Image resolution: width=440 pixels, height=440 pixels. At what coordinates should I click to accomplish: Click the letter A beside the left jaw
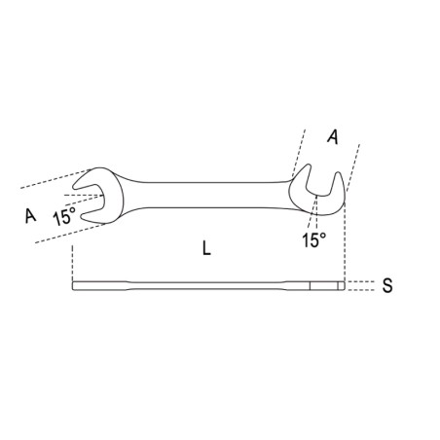(30, 216)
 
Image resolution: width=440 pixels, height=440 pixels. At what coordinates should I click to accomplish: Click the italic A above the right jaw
(333, 136)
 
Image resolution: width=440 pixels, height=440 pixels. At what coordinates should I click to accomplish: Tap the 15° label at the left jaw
(64, 216)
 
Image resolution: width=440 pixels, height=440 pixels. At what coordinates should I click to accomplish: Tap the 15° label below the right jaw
(313, 240)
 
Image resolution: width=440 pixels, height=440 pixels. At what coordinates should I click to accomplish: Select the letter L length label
(206, 248)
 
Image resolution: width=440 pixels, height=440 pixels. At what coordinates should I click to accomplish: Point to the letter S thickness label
(387, 286)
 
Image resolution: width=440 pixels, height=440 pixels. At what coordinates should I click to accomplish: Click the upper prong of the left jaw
(87, 179)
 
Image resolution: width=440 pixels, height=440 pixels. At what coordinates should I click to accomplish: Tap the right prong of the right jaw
(338, 185)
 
